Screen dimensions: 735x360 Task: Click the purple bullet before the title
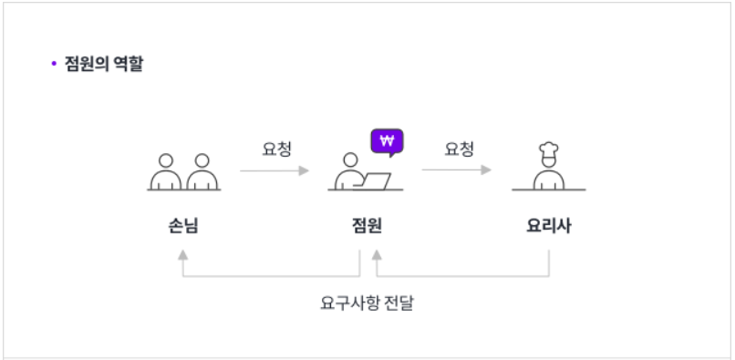(x=54, y=65)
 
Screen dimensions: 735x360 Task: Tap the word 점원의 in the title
(x=88, y=65)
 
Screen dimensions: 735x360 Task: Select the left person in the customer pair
(x=165, y=172)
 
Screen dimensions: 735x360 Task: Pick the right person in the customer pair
(x=202, y=172)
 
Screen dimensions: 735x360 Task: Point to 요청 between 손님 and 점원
(x=276, y=149)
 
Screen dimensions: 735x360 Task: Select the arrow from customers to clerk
(x=274, y=170)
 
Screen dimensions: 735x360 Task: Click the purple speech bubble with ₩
(x=388, y=141)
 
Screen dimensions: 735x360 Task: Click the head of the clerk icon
(x=347, y=161)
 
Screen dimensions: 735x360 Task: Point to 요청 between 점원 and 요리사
(x=459, y=149)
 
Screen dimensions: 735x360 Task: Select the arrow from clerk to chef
(x=456, y=170)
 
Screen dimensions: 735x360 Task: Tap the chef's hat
(x=548, y=149)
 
